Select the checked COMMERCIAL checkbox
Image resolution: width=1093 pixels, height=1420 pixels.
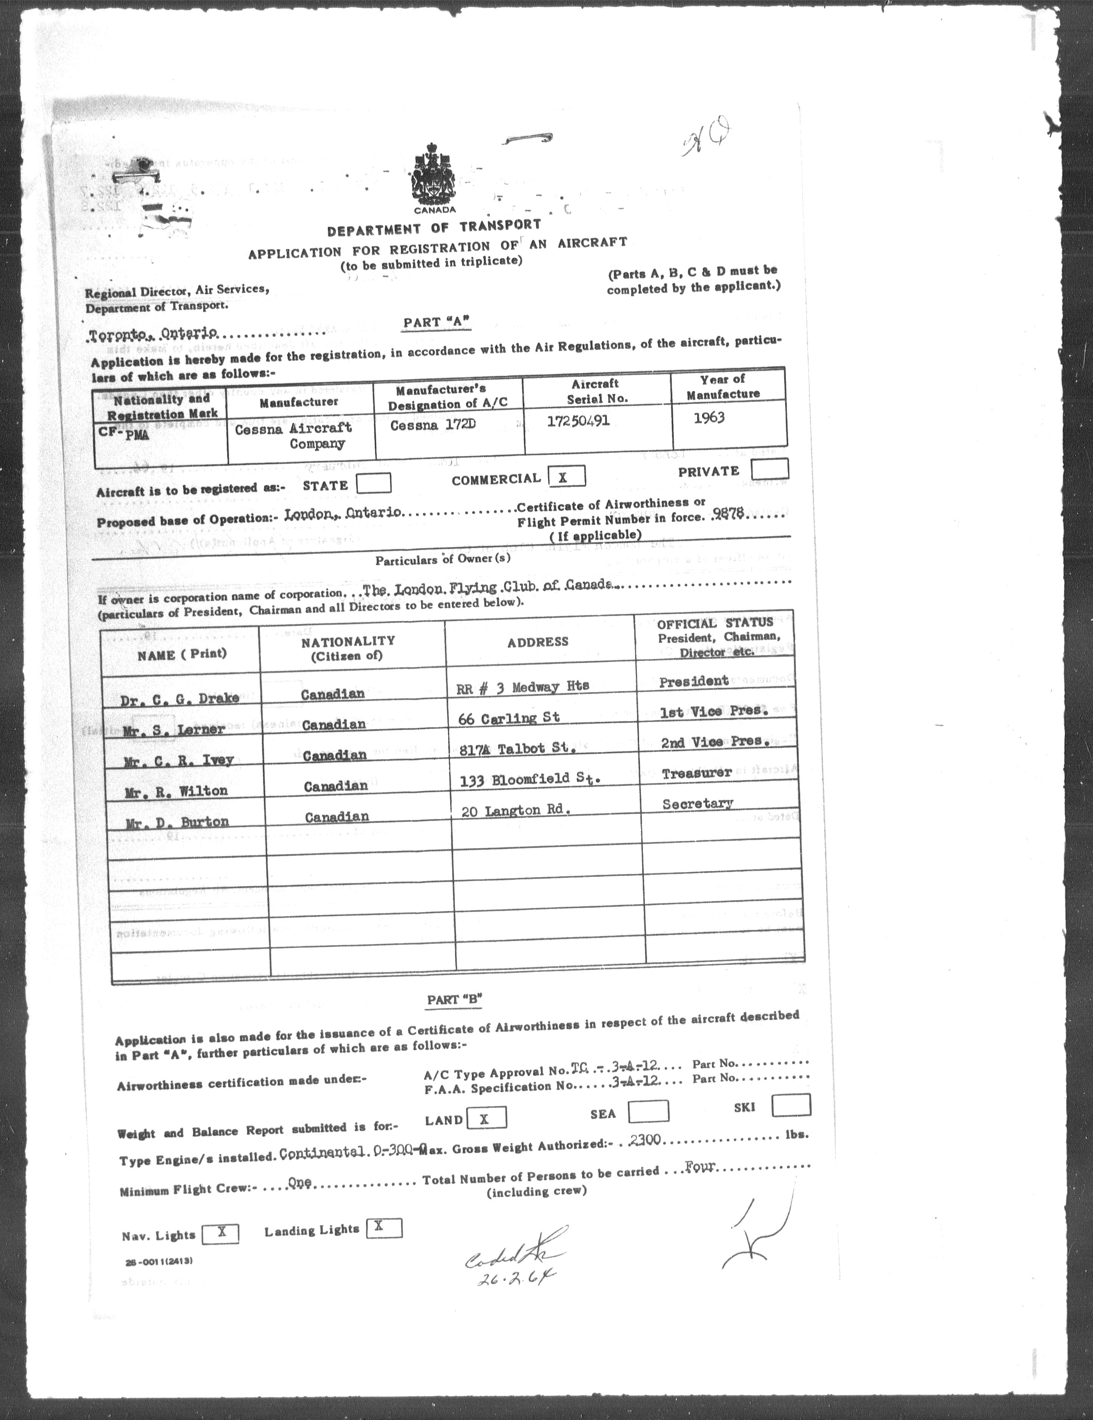tap(566, 476)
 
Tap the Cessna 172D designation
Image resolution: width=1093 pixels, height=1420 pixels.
tap(428, 425)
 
